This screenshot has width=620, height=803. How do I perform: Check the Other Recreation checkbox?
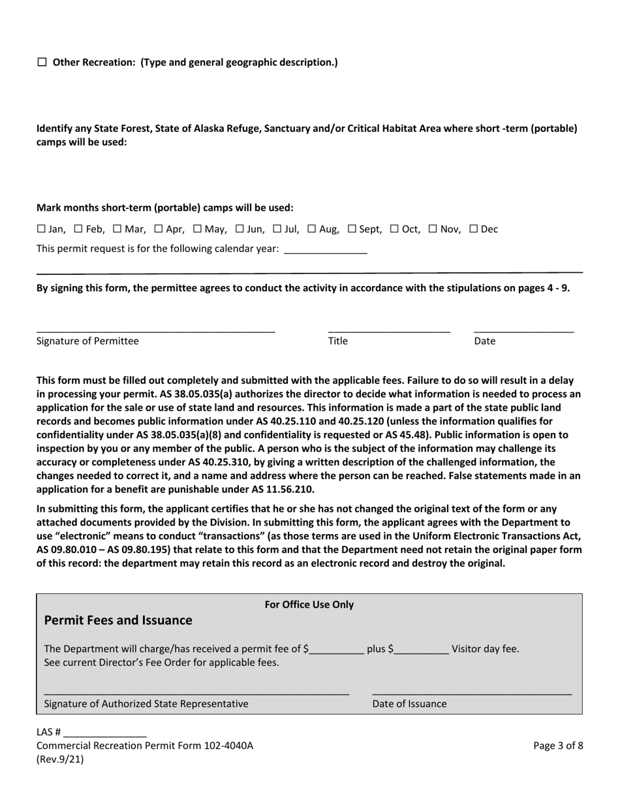point(42,63)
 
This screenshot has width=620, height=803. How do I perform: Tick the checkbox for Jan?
point(40,229)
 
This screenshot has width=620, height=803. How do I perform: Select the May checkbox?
point(197,229)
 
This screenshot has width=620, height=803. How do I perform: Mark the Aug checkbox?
point(311,229)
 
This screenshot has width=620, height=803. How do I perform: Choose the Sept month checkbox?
point(352,229)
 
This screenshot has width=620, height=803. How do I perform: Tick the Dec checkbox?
point(474,229)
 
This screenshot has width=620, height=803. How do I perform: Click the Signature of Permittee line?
point(155,330)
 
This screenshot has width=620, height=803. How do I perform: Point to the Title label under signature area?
point(337,341)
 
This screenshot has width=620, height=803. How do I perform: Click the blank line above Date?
point(523,330)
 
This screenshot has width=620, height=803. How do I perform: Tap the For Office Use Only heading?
point(309,605)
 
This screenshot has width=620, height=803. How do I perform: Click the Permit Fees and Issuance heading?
point(118,620)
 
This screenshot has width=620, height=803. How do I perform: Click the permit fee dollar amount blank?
point(337,650)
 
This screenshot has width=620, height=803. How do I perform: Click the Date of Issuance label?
point(409,704)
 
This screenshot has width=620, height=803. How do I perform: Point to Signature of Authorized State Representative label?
point(146,704)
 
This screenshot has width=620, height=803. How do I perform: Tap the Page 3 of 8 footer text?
point(558,746)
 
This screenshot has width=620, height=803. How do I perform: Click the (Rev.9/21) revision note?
point(60,759)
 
